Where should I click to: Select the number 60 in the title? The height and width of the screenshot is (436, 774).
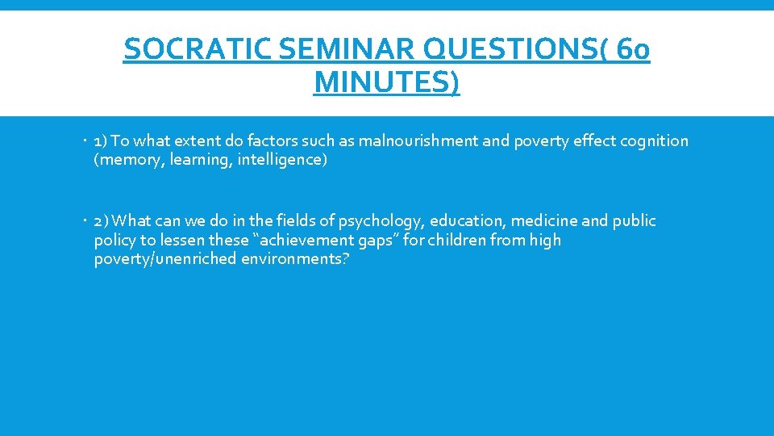coord(631,51)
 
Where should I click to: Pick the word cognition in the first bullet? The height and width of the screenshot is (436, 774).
coord(655,141)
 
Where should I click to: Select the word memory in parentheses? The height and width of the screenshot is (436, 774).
coord(123,160)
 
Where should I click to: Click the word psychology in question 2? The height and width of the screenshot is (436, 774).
coord(381,221)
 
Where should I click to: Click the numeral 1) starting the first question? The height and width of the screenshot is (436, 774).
coord(102,141)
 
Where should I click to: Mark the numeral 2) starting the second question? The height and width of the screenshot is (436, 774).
coord(102,221)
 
